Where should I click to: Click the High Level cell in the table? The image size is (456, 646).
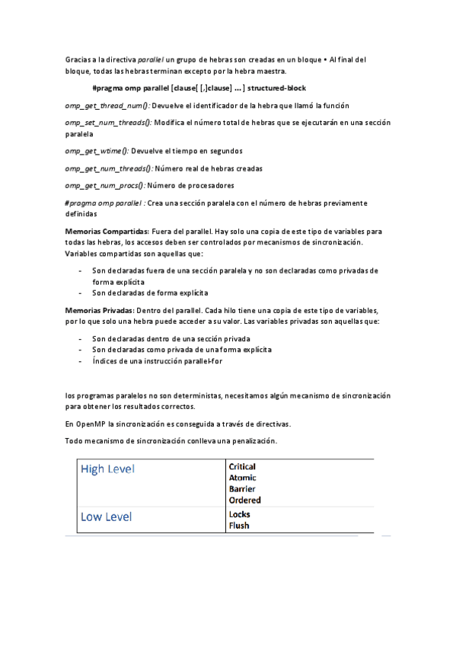coord(107,469)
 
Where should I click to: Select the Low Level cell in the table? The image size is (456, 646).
coord(106,517)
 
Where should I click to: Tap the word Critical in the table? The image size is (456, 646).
coord(242,466)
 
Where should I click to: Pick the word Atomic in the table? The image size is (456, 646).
coord(242,478)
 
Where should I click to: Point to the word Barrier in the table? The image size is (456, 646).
coord(242,489)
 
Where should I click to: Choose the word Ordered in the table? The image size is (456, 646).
coord(244,500)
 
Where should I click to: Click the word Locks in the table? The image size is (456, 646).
coord(239,514)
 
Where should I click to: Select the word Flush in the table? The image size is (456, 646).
coord(238,525)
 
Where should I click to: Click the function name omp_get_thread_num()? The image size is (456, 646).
coord(107,105)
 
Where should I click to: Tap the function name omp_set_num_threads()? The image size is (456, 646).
coord(108,122)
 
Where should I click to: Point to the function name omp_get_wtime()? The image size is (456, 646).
coord(97,151)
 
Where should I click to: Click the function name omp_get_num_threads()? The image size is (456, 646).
coord(109,168)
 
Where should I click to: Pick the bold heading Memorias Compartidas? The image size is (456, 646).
coord(107,231)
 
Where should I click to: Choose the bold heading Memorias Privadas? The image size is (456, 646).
coord(99,311)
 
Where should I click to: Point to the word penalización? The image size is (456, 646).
coord(252,441)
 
